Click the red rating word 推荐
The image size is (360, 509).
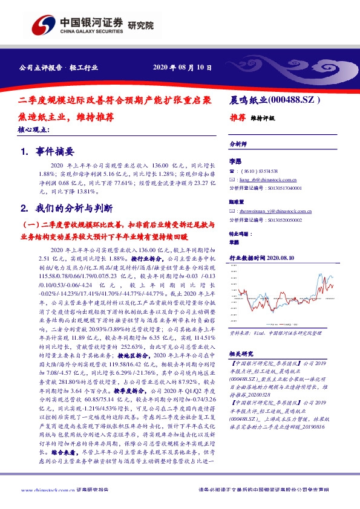pos(238,118)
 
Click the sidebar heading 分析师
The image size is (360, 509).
pos(238,145)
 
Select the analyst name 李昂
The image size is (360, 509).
pos(235,162)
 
